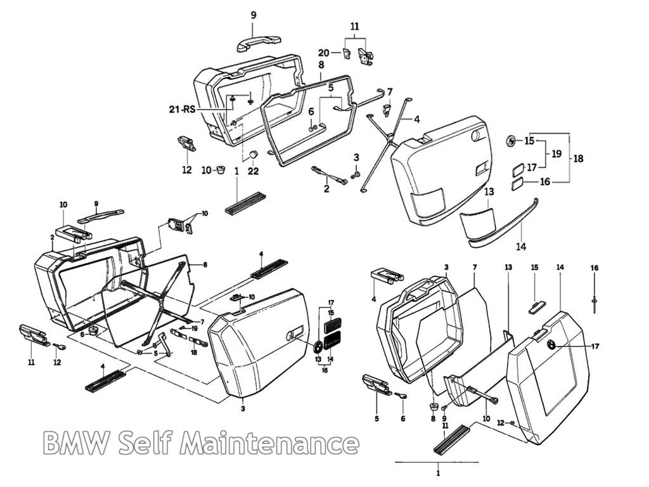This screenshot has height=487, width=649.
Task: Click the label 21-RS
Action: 181,109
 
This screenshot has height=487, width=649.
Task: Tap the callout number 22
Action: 253,170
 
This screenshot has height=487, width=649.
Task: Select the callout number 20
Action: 324,53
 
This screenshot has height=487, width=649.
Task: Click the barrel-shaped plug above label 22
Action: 252,155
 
